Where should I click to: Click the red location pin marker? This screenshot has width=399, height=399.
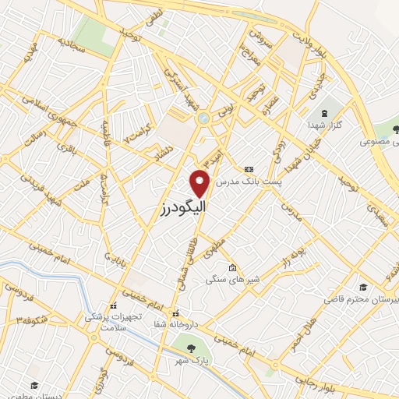pyautogui.click(x=200, y=182)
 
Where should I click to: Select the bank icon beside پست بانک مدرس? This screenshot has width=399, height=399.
pyautogui.click(x=249, y=169)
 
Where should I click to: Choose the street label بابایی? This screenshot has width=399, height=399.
pyautogui.click(x=115, y=255)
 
